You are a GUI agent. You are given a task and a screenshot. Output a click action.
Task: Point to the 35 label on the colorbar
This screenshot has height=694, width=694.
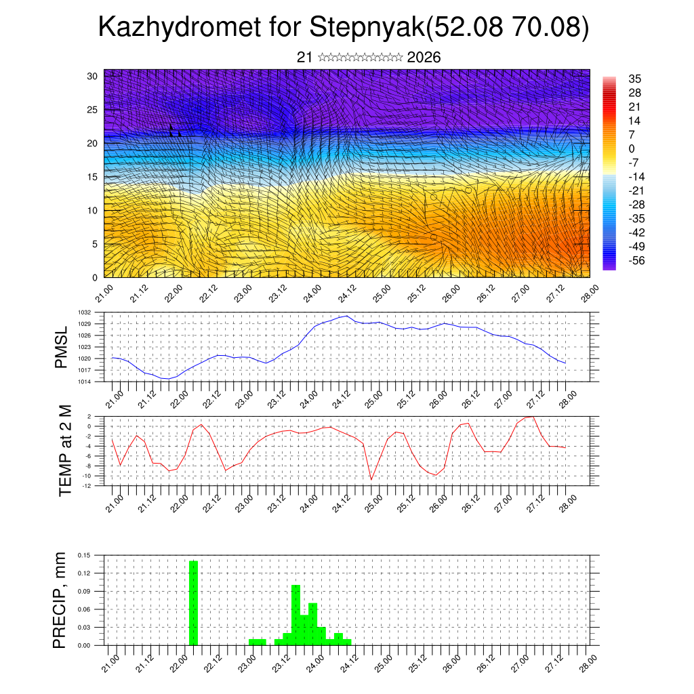[635, 79]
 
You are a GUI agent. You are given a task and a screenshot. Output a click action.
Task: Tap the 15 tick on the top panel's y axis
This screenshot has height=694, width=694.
[94, 177]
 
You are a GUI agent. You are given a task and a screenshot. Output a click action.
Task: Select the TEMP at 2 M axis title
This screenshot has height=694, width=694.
[65, 450]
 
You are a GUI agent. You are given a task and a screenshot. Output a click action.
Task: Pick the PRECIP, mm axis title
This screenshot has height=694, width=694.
[62, 600]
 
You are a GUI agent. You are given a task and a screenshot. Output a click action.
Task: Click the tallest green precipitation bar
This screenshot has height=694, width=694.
[193, 603]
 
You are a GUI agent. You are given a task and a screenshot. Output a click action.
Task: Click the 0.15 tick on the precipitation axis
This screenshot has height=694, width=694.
[85, 555]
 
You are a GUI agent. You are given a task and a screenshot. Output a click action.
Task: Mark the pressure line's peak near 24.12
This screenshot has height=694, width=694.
[347, 316]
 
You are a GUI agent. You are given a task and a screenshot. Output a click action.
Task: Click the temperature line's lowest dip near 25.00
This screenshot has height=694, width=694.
[371, 479]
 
